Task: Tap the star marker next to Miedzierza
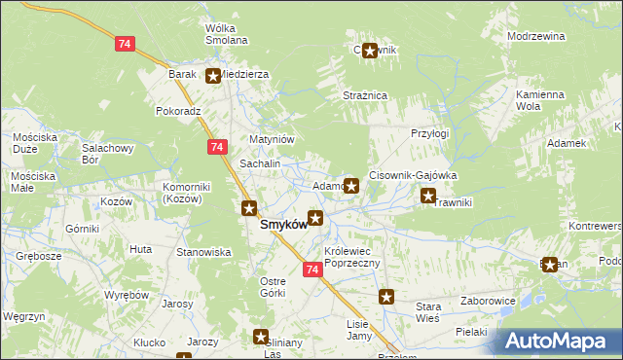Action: tap(213, 74)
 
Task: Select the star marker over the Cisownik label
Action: tap(370, 52)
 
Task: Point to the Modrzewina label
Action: tap(536, 36)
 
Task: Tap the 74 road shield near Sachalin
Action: tap(217, 146)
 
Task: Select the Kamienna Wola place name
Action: tap(540, 100)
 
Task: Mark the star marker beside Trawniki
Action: tap(427, 197)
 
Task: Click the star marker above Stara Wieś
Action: tap(386, 298)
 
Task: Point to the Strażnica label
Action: tap(366, 95)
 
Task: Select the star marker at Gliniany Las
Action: tap(261, 337)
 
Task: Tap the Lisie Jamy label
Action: tap(359, 330)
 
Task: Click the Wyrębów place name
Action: tap(127, 294)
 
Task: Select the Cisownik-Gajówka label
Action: tap(413, 175)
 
